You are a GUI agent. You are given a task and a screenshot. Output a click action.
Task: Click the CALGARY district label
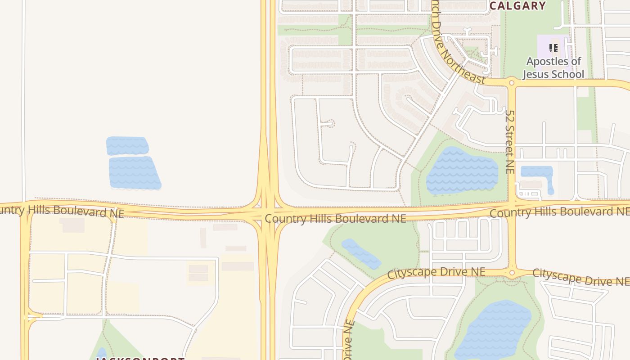(517, 6)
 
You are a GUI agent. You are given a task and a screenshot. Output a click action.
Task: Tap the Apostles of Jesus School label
(553, 67)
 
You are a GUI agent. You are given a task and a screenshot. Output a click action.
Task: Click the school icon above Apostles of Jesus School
(553, 48)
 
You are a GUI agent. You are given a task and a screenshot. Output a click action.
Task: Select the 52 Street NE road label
(509, 142)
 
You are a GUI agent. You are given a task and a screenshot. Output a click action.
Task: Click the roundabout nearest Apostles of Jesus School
(511, 83)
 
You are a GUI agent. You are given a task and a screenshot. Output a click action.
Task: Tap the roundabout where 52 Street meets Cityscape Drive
(512, 273)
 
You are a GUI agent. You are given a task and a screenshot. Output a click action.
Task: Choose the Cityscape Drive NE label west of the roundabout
(436, 272)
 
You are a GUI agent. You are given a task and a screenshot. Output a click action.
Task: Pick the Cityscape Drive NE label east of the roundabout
(580, 277)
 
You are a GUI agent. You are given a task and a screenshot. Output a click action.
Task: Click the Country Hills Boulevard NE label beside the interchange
(335, 219)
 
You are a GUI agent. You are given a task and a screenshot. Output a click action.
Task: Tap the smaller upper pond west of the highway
(127, 146)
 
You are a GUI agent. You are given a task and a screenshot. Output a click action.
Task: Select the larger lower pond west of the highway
(135, 173)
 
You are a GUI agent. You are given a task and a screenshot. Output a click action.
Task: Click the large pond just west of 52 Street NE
(462, 171)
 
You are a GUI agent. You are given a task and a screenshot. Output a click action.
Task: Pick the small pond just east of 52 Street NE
(536, 173)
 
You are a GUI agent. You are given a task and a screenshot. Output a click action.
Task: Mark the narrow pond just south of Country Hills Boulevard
(361, 254)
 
